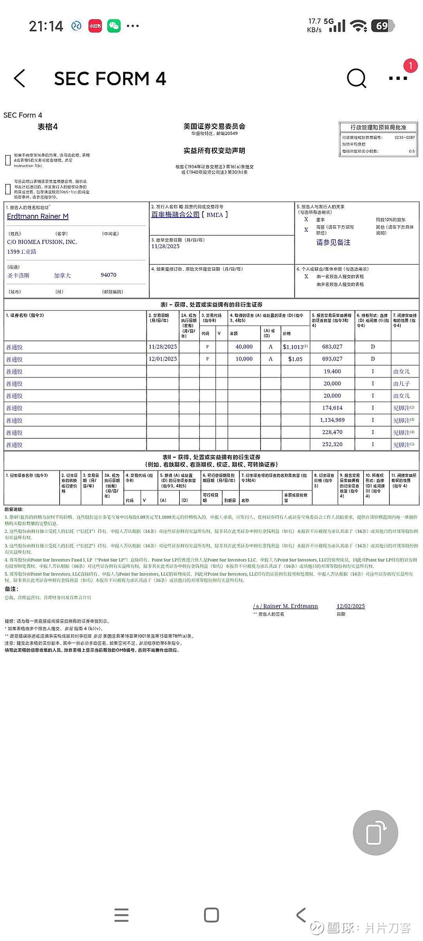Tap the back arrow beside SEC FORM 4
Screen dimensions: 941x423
click(x=20, y=78)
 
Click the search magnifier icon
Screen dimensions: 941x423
click(x=356, y=78)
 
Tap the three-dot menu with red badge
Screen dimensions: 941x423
click(x=398, y=78)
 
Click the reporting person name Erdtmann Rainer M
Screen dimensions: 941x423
click(x=38, y=216)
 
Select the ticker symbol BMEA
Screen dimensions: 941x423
click(x=215, y=215)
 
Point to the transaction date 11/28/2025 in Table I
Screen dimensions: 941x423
click(x=163, y=347)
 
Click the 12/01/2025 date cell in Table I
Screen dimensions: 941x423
click(x=163, y=359)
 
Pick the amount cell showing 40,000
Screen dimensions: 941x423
click(x=244, y=347)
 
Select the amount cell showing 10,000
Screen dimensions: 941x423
click(x=244, y=359)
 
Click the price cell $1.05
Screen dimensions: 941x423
click(x=296, y=359)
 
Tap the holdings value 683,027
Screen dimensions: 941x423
click(x=332, y=347)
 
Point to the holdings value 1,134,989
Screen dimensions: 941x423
click(x=332, y=420)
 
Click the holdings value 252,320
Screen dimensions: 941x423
click(x=332, y=445)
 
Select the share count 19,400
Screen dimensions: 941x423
click(x=332, y=372)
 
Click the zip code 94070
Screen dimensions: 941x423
click(x=108, y=275)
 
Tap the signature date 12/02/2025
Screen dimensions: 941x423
click(x=351, y=607)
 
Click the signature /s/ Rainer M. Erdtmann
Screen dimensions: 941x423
click(x=286, y=607)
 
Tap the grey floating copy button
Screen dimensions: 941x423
click(x=375, y=833)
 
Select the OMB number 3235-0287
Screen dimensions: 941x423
click(x=404, y=138)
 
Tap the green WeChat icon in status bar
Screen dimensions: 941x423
click(x=114, y=26)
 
